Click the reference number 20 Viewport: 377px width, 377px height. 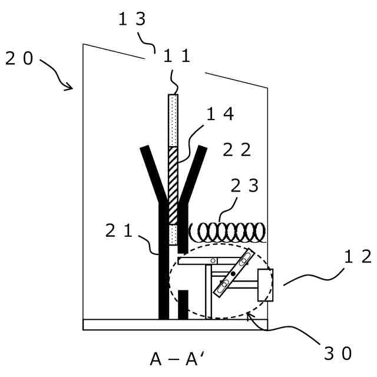[x=21, y=59]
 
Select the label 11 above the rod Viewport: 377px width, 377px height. [x=177, y=57]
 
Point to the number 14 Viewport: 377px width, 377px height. [x=220, y=115]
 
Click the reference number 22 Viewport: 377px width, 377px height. [x=237, y=150]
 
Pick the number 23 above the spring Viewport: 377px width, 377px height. [x=244, y=186]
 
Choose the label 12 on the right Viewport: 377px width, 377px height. [x=358, y=256]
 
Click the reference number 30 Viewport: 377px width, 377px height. [x=338, y=353]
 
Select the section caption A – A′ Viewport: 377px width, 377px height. [x=177, y=359]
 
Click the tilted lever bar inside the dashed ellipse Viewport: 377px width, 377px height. [x=233, y=275]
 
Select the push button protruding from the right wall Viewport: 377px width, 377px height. [x=265, y=285]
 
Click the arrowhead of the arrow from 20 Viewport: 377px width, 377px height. [x=71, y=88]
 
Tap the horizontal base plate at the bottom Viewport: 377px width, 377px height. [x=175, y=325]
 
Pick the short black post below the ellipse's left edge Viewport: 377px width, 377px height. [x=183, y=304]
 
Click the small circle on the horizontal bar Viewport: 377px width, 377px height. [x=213, y=260]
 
